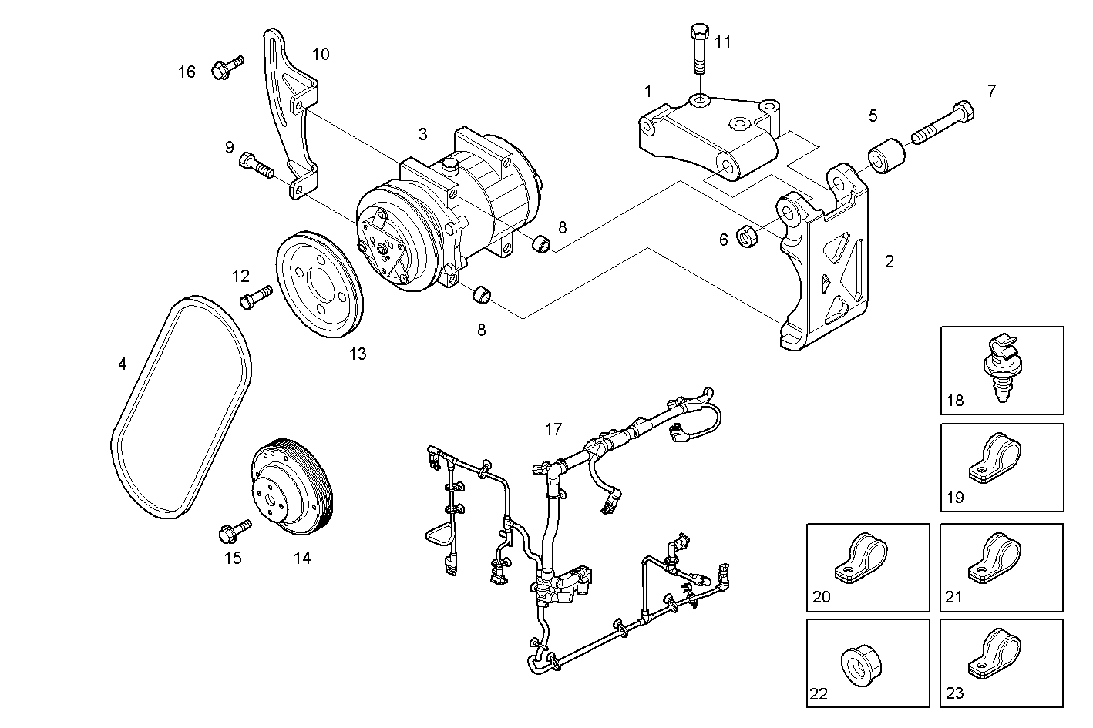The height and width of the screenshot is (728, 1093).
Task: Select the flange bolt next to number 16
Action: (x=225, y=68)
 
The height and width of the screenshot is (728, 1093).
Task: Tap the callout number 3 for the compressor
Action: (x=422, y=134)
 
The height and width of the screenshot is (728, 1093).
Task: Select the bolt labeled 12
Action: (x=256, y=297)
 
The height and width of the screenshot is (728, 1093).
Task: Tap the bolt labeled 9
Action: (x=256, y=164)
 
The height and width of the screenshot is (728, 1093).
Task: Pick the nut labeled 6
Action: (x=748, y=236)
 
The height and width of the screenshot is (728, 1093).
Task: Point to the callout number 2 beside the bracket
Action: (x=890, y=261)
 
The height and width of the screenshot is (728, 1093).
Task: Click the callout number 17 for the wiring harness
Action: (x=553, y=430)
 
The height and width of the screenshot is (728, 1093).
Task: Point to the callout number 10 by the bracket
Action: (x=321, y=54)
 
